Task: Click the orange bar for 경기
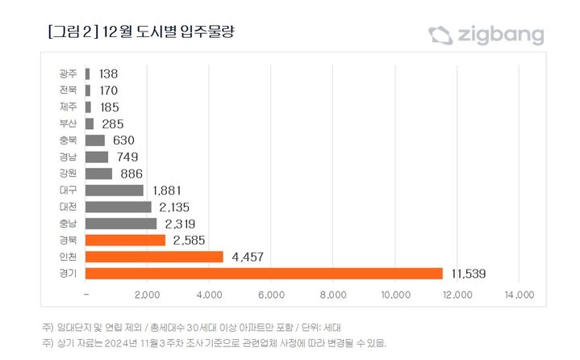click(264, 274)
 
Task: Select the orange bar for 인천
click(153, 257)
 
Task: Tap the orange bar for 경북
click(124, 240)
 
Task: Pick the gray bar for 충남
click(120, 224)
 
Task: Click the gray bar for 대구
click(114, 190)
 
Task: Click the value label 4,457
click(248, 257)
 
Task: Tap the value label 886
click(131, 174)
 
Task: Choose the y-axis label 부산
click(69, 123)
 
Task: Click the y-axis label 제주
click(69, 107)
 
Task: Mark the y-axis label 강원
click(69, 174)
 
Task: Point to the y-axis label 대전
click(69, 207)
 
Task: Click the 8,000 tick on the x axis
click(333, 295)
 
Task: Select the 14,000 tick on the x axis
click(519, 295)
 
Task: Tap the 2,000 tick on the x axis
click(147, 295)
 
